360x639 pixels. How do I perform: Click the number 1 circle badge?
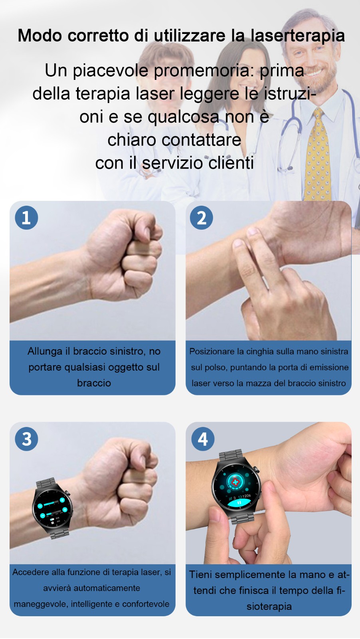click(x=26, y=218)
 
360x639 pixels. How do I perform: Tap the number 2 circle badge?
click(x=202, y=218)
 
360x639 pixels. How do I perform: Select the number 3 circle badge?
click(x=26, y=439)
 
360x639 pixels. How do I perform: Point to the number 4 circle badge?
click(x=203, y=439)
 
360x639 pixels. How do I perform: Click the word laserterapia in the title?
click(x=298, y=36)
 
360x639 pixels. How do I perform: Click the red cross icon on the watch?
click(x=235, y=482)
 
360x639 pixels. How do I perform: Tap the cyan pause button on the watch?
click(x=239, y=503)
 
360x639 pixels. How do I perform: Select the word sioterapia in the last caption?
click(x=269, y=607)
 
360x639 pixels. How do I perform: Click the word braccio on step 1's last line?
click(x=94, y=383)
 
